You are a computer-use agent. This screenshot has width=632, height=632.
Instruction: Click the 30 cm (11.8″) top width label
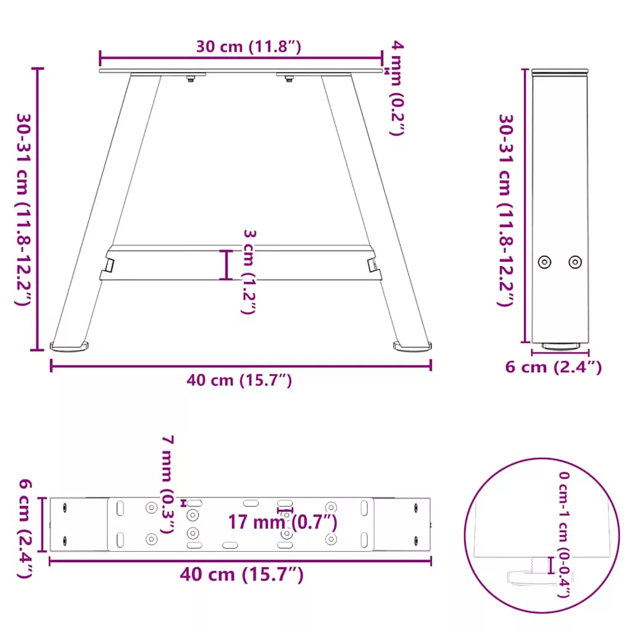[x=248, y=47]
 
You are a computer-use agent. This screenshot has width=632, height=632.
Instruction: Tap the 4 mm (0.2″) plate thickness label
[x=397, y=88]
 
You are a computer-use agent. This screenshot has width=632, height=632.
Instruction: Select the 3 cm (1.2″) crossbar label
[x=249, y=272]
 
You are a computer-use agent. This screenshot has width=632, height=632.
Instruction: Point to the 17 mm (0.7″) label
[x=283, y=522]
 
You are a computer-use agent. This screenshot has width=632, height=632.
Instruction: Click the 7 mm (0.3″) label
[x=167, y=484]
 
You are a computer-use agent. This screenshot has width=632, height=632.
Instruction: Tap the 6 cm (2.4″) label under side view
[x=554, y=367]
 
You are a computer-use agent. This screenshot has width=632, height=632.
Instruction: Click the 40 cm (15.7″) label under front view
[x=239, y=380]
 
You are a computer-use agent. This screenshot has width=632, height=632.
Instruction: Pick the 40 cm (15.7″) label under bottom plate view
[x=241, y=575]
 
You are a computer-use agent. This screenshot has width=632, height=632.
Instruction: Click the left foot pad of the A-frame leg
[x=69, y=346]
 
